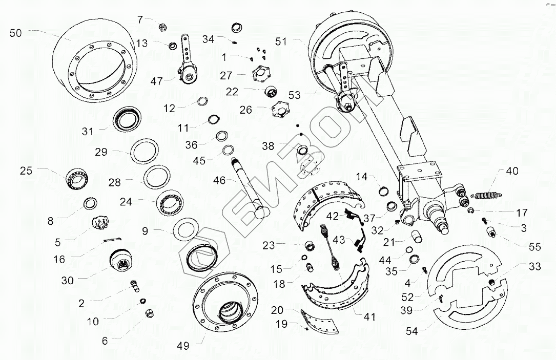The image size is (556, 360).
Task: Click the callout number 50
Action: pos(16,33)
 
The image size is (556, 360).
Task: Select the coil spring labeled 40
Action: pos(487,194)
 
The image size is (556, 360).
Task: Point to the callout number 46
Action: pos(219,180)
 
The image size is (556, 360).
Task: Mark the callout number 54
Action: pos(412,331)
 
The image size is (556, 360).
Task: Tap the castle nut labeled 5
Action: pos(100,224)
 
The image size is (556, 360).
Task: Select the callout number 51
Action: pos(281,42)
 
